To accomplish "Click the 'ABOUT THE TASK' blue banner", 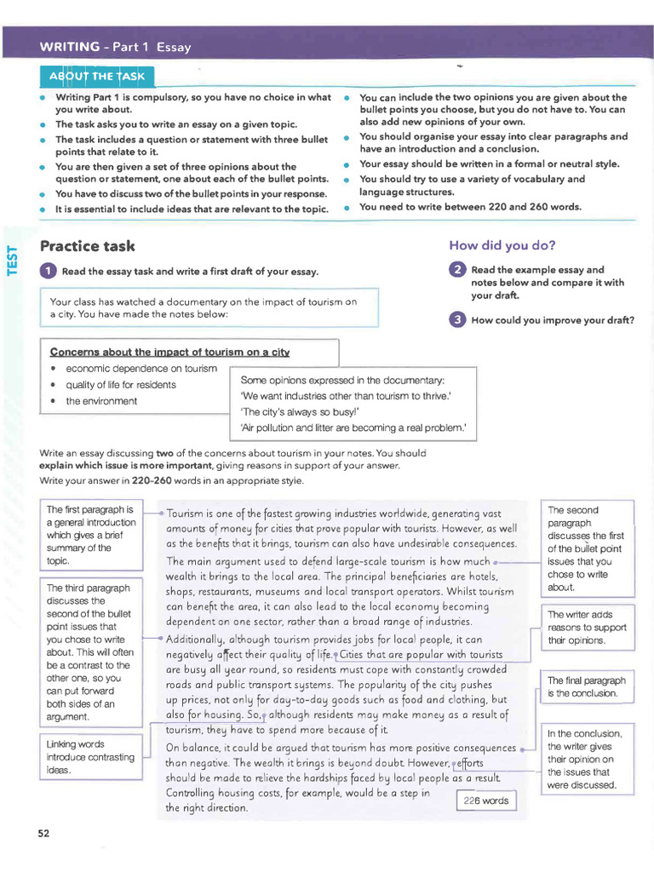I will pyautogui.click(x=96, y=76).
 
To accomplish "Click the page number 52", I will pyautogui.click(x=43, y=833).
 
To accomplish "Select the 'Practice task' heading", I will pyautogui.click(x=87, y=246).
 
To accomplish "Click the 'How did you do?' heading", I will pyautogui.click(x=502, y=245).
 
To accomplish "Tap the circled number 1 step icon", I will pyautogui.click(x=49, y=271).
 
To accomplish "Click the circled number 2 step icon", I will pyautogui.click(x=457, y=270).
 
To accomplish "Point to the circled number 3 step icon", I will pyautogui.click(x=457, y=320).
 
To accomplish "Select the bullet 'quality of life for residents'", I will pyautogui.click(x=120, y=385).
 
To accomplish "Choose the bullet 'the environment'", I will pyautogui.click(x=100, y=401).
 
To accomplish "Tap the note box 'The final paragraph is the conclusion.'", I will pyautogui.click(x=587, y=686).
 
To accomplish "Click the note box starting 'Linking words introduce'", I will pyautogui.click(x=90, y=757).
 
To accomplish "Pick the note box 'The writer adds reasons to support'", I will pyautogui.click(x=587, y=627).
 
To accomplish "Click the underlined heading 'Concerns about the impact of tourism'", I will pyautogui.click(x=169, y=352).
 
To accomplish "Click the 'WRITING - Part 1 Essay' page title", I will pyautogui.click(x=115, y=48).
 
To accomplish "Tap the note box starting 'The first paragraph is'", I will pyautogui.click(x=90, y=535).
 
